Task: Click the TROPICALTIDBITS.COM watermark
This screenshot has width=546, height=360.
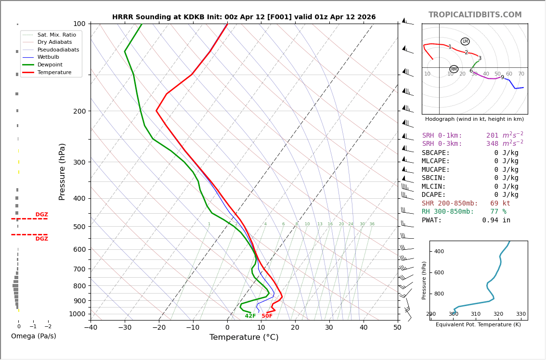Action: point(475,15)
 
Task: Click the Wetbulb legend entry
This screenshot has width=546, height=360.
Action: point(48,57)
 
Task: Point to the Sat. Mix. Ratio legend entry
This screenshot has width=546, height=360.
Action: point(56,35)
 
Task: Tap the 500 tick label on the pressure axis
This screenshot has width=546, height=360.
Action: point(79,227)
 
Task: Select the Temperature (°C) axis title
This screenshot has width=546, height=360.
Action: point(244,337)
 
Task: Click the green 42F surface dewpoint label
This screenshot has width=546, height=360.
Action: point(250,316)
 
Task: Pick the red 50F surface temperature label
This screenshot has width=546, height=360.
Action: point(267,316)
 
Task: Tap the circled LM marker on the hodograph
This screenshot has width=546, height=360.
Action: point(465,41)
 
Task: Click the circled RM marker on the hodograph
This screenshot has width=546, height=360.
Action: point(454,69)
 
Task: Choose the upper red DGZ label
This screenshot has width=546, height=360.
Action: point(41,215)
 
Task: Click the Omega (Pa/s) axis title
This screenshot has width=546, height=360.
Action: point(33,336)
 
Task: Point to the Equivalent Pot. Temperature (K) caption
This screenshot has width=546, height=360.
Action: point(478,325)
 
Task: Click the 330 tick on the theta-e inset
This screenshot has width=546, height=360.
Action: point(521,314)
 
